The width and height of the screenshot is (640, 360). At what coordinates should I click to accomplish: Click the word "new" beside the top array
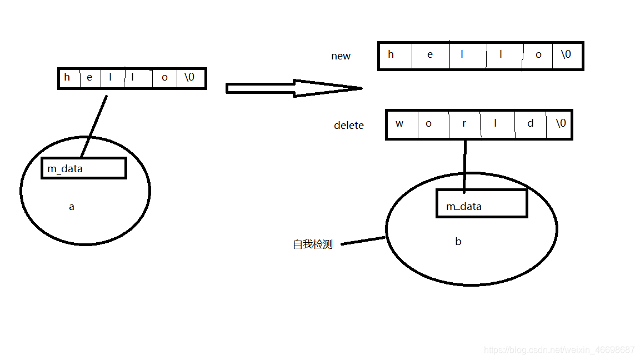(x=341, y=56)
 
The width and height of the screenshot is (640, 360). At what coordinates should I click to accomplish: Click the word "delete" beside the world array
(x=348, y=126)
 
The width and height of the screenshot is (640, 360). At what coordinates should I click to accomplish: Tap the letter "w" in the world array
(x=399, y=123)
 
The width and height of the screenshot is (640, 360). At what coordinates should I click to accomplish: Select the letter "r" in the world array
(x=464, y=123)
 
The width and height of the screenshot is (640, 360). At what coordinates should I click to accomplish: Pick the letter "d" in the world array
(x=530, y=123)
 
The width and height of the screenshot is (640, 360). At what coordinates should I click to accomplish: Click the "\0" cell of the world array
(x=561, y=123)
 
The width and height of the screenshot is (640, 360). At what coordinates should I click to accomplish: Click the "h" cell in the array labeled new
(x=391, y=54)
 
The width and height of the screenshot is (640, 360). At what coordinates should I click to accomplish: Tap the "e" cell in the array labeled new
(x=430, y=55)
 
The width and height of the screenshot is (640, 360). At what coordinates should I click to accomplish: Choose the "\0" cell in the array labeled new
(x=566, y=54)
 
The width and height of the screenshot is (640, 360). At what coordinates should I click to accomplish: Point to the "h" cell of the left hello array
(x=67, y=77)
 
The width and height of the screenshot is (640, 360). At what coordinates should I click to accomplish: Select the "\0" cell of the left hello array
(x=189, y=77)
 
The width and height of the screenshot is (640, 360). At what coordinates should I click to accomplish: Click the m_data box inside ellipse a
(x=83, y=168)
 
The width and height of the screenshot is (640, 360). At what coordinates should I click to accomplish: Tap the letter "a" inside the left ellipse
(x=71, y=207)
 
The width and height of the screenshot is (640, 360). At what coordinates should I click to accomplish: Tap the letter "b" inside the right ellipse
(x=458, y=242)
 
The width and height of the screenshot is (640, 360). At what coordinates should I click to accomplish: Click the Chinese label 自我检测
(x=313, y=244)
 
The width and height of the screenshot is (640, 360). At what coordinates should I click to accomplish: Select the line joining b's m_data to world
(x=465, y=164)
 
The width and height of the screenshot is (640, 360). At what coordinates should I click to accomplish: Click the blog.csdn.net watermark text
(x=559, y=350)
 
